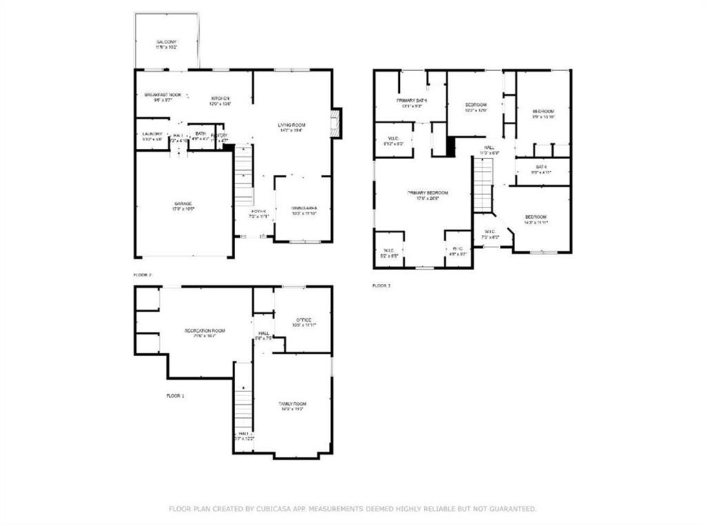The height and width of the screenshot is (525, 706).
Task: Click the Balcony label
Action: pyautogui.click(x=165, y=43)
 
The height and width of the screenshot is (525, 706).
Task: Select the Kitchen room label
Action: pyautogui.click(x=220, y=99)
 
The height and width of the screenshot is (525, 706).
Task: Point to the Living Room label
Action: pyautogui.click(x=292, y=125)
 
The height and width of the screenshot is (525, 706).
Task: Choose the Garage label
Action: pyautogui.click(x=183, y=205)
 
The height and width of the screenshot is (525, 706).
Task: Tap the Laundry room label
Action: pyautogui.click(x=152, y=134)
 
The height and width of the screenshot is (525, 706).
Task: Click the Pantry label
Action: pyautogui.click(x=219, y=135)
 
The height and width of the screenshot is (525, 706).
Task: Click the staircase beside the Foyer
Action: pyautogui.click(x=243, y=176)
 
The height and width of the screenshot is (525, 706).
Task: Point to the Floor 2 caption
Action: pyautogui.click(x=142, y=275)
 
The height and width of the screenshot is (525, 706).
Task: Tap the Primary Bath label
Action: pyautogui.click(x=412, y=101)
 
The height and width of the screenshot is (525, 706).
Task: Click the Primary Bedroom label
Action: pyautogui.click(x=427, y=193)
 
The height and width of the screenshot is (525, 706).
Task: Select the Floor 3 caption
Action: pyautogui.click(x=381, y=285)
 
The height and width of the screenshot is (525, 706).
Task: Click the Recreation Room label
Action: pyautogui.click(x=205, y=331)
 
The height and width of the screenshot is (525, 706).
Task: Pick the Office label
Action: pyautogui.click(x=303, y=320)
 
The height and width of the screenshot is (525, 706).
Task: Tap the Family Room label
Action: pyautogui.click(x=292, y=404)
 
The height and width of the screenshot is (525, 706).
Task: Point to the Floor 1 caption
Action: pyautogui.click(x=175, y=396)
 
